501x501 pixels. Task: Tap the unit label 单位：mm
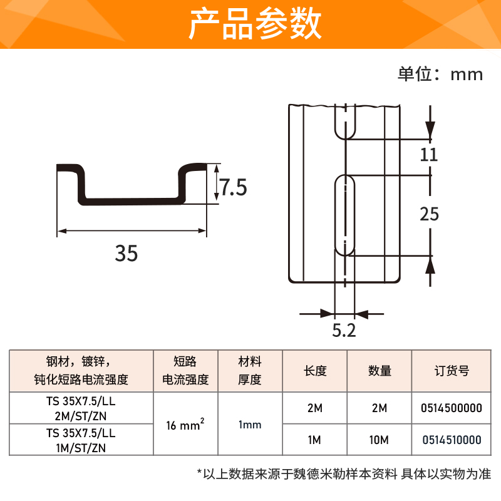[440, 74]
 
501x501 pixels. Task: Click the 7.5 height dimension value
[234, 187]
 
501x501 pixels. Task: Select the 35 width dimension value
[126, 254]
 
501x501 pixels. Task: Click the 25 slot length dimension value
[429, 214]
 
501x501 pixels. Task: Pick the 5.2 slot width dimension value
[344, 331]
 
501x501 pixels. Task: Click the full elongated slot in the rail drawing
[344, 215]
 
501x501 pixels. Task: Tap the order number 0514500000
[452, 408]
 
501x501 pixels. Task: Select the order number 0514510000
[452, 440]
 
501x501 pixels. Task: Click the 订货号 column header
[452, 371]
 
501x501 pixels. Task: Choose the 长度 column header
[315, 371]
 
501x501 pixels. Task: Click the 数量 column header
[380, 371]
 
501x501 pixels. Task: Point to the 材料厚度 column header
[250, 371]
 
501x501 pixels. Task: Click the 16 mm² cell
[185, 425]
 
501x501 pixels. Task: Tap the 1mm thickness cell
[250, 425]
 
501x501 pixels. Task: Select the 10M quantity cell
[380, 440]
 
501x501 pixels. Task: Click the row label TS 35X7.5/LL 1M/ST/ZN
[81, 440]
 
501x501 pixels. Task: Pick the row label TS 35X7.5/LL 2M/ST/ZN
[81, 408]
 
